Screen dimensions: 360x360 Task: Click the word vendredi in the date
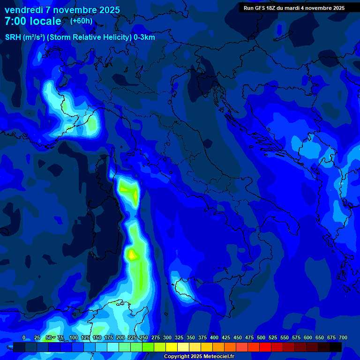pos(23,10)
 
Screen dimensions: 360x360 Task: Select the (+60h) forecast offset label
pos(81,21)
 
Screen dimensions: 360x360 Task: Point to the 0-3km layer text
pos(144,37)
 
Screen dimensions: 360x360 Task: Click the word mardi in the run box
pos(299,8)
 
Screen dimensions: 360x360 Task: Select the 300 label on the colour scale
pos(167,337)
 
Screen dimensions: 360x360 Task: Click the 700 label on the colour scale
pos(343,337)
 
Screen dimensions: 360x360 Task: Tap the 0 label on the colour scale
pos(24,337)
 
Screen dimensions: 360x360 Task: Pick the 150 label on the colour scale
pos(97,337)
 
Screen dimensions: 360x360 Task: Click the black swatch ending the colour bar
pos(336,347)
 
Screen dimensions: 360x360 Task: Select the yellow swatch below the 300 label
pos(172,347)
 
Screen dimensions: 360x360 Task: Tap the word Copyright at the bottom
pos(178,357)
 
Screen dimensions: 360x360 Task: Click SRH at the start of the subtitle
pos(13,37)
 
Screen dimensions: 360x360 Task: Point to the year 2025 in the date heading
pos(105,10)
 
